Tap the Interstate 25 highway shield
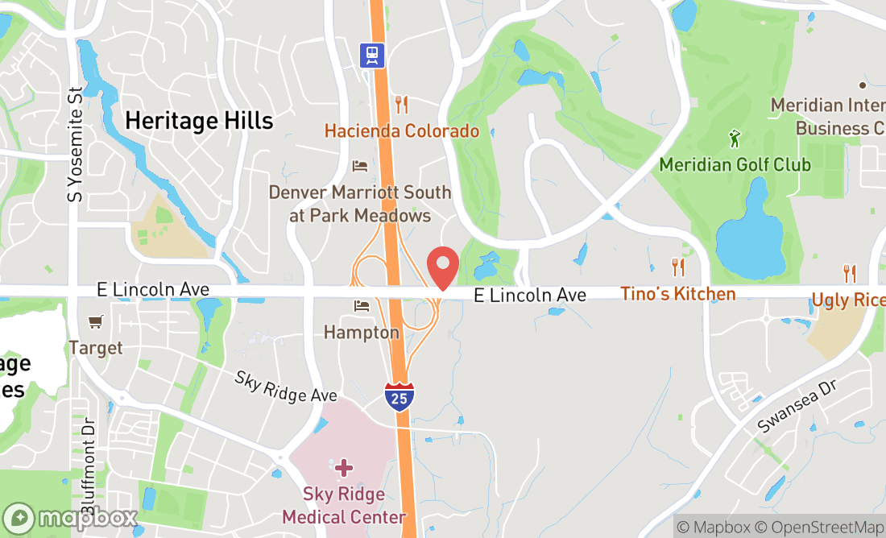tap(400, 397)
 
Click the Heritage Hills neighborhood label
tap(199, 121)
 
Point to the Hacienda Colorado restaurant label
tap(401, 130)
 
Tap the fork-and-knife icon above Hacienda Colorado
tap(401, 105)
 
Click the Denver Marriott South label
tap(359, 204)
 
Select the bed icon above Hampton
tap(362, 306)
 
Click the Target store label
tap(96, 348)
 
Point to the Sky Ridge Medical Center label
tap(344, 505)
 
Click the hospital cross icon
tap(344, 467)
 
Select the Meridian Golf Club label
tap(735, 164)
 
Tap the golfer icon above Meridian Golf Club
tap(735, 139)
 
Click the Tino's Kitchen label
tap(677, 294)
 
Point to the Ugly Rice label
tap(848, 300)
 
